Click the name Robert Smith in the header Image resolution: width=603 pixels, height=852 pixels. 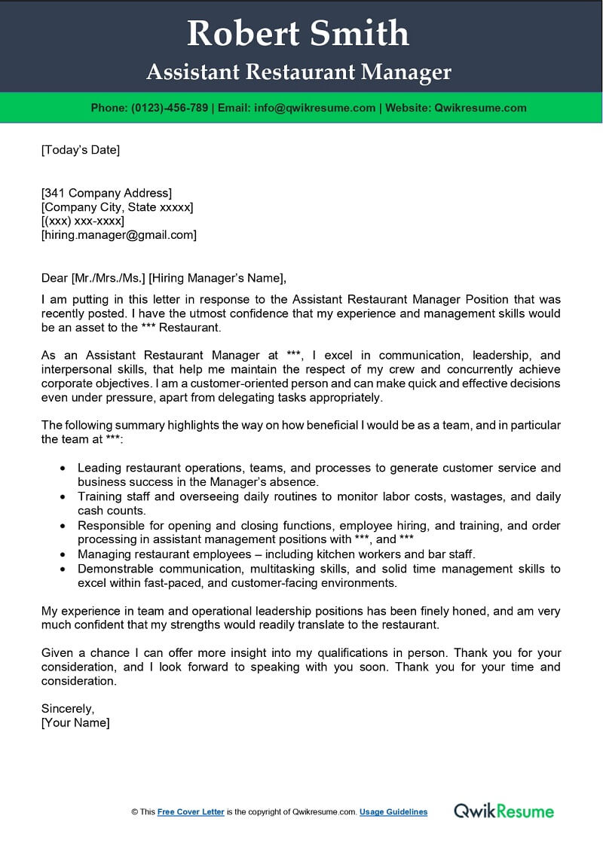pyautogui.click(x=298, y=34)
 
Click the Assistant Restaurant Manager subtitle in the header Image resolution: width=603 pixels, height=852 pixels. pyautogui.click(x=298, y=72)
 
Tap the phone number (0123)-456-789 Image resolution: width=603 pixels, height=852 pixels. pyautogui.click(x=170, y=108)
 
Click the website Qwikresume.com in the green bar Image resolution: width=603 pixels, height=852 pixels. pyautogui.click(x=480, y=108)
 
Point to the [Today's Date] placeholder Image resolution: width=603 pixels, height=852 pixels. pyautogui.click(x=80, y=150)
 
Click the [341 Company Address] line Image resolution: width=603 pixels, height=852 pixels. pyautogui.click(x=106, y=193)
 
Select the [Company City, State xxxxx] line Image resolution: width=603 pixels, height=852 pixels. pyautogui.click(x=117, y=207)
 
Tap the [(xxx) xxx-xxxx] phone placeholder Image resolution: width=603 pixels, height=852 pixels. pyautogui.click(x=83, y=221)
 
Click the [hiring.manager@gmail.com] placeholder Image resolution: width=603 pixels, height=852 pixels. pyautogui.click(x=118, y=235)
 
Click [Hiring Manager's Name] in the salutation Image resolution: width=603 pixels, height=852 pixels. pyautogui.click(x=218, y=277)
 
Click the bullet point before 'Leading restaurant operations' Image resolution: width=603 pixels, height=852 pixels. pyautogui.click(x=62, y=469)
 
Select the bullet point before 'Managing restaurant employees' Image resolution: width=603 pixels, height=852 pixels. pyautogui.click(x=62, y=554)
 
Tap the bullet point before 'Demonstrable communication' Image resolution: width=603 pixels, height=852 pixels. pyautogui.click(x=62, y=569)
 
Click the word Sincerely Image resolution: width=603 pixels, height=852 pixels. pyautogui.click(x=68, y=708)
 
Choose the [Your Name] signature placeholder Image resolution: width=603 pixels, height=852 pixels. pyautogui.click(x=75, y=722)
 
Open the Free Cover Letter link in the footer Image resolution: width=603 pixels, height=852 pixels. pyautogui.click(x=191, y=812)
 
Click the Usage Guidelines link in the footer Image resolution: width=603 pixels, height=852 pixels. pyautogui.click(x=393, y=812)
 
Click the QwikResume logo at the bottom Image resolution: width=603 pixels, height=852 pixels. pyautogui.click(x=504, y=811)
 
